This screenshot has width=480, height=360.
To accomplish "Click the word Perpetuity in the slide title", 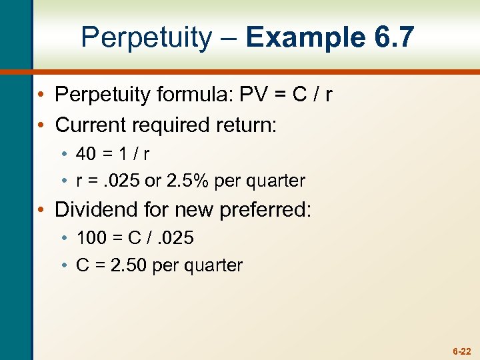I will (x=145, y=38).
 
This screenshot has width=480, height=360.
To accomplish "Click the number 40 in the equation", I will (x=87, y=154).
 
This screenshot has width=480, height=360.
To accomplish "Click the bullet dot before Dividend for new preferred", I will (x=43, y=209).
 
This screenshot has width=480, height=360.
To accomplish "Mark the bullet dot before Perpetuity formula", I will (x=43, y=95).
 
